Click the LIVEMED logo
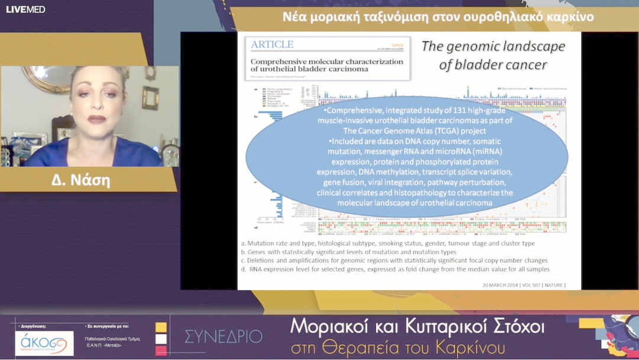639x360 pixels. tap(25, 9)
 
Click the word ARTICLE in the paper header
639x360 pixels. tap(272, 44)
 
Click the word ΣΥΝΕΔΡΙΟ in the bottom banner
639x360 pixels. tap(223, 337)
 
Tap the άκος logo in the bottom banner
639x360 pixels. tap(44, 343)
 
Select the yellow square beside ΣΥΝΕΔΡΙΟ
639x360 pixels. tap(161, 327)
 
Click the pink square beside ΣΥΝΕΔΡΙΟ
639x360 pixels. tap(161, 351)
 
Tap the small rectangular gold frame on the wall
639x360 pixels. tap(150, 98)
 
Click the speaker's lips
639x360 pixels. tap(96, 119)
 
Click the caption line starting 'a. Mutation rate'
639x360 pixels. tap(388, 243)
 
